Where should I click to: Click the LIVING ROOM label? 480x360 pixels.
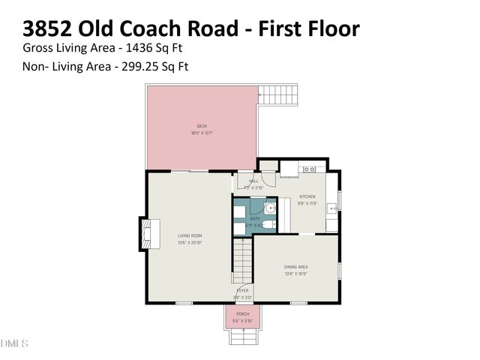pos(190,235)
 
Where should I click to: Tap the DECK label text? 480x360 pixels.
pos(202,126)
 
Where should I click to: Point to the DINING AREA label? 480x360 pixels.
pos(295,266)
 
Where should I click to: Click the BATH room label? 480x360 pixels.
pos(244,218)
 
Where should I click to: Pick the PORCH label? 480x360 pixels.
pos(242,313)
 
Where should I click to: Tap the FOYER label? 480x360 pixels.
pos(242,290)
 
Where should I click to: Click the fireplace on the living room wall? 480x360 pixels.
pos(148,233)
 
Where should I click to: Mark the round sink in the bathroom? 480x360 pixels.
pos(271,209)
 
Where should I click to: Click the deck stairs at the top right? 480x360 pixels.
pos(278,95)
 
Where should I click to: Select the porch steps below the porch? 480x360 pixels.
pos(242,337)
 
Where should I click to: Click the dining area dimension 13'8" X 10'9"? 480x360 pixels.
pos(295,274)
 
